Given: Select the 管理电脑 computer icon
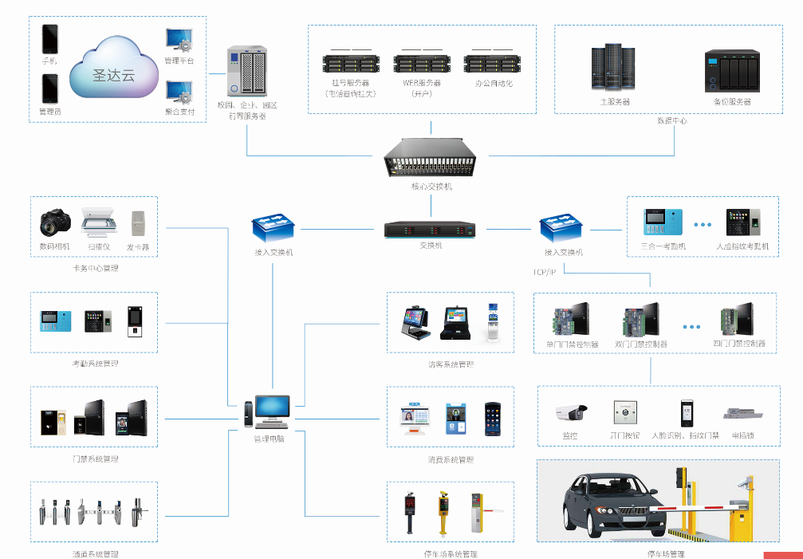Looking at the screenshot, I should tap(270, 411).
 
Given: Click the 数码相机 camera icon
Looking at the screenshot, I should tap(54, 222).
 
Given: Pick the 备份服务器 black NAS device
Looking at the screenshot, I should tap(732, 72).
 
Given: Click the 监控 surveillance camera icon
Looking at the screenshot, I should tap(570, 412).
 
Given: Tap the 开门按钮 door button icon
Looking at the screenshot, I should tap(625, 412).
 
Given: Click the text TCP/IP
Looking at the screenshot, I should tap(545, 272).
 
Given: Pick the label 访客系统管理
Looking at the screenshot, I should tap(451, 364).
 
